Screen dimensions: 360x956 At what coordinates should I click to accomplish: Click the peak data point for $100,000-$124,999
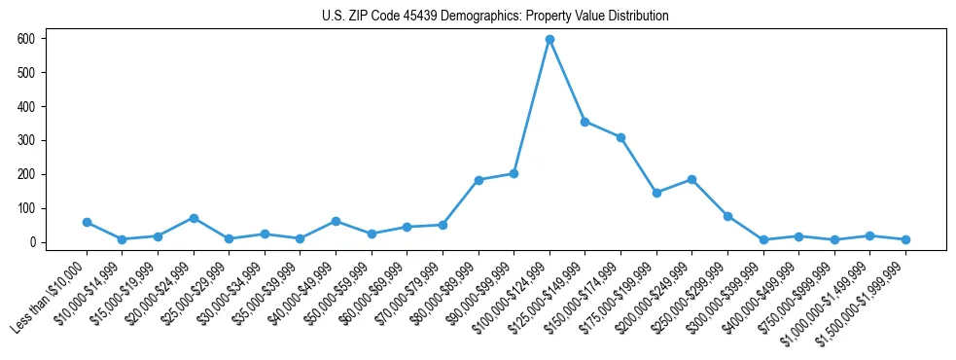(x=549, y=39)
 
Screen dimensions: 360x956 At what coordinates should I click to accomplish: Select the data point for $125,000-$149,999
(x=585, y=122)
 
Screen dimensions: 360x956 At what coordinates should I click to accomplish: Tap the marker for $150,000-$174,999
(x=620, y=137)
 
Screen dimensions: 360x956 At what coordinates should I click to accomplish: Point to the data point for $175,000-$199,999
(x=656, y=193)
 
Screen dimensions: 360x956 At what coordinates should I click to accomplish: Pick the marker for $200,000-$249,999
(x=691, y=179)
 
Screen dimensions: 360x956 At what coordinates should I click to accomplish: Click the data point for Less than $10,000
(x=87, y=222)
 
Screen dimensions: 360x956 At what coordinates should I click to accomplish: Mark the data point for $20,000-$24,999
(x=194, y=218)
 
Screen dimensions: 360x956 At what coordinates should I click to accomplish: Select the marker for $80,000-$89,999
(x=478, y=180)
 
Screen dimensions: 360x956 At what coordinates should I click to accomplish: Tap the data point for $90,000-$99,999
(x=513, y=173)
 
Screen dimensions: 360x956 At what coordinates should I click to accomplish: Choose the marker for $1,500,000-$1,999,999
(x=905, y=239)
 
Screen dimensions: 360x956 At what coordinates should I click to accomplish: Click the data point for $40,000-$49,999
(x=336, y=221)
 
